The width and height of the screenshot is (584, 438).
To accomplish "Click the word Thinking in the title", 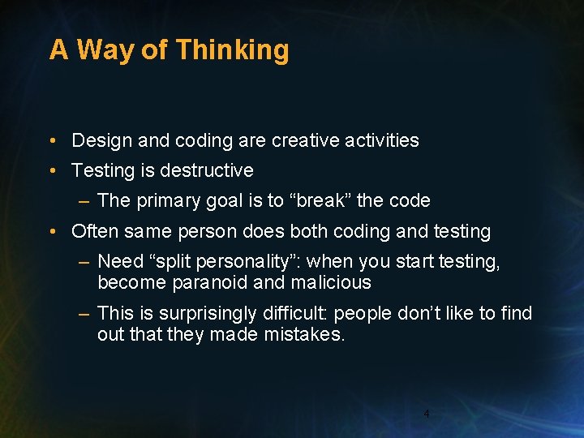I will pyautogui.click(x=232, y=50).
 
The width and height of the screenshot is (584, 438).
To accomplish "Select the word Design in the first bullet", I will pyautogui.click(x=101, y=140).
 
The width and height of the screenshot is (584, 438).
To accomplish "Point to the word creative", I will pyautogui.click(x=305, y=140).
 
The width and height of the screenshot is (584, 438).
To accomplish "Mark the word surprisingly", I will pyautogui.click(x=200, y=313).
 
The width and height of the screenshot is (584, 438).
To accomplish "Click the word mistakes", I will pyautogui.click(x=304, y=334).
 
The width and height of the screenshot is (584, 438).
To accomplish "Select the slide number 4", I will pyautogui.click(x=427, y=414).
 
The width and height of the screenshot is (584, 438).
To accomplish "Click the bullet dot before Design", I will pyautogui.click(x=52, y=141).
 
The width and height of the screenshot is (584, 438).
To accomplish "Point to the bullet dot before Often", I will pyautogui.click(x=52, y=232).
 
